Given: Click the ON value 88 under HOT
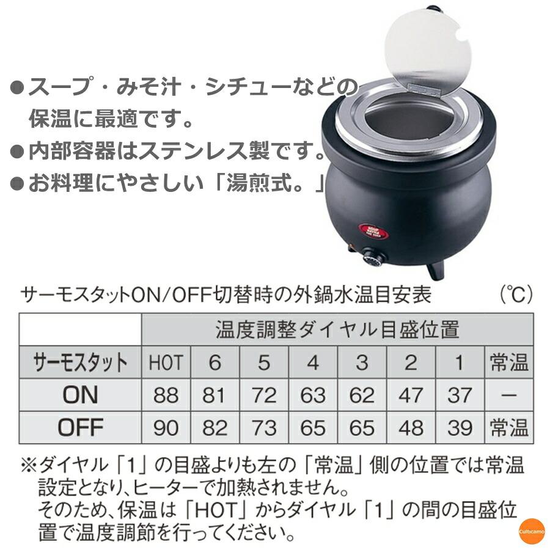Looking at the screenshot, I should (x=166, y=395).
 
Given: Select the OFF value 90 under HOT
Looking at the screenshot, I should (x=166, y=427).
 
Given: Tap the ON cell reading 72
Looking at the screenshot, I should (x=263, y=395).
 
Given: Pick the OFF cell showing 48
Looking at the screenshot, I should (x=411, y=427).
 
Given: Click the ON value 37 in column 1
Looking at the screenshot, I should (x=460, y=395).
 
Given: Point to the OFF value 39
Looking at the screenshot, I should (x=460, y=427).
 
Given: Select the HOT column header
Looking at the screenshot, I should (x=166, y=363).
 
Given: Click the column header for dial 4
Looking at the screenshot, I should (x=313, y=363).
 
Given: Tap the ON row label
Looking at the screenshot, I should (x=80, y=395).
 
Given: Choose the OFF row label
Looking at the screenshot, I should (x=80, y=427).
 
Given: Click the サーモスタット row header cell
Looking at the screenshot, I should (x=80, y=363).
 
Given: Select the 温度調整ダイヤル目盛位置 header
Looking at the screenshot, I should (x=337, y=330).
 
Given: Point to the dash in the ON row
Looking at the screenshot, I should (x=508, y=395).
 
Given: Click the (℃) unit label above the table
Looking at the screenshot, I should (x=516, y=296).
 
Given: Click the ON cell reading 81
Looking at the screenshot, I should (x=215, y=395).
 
